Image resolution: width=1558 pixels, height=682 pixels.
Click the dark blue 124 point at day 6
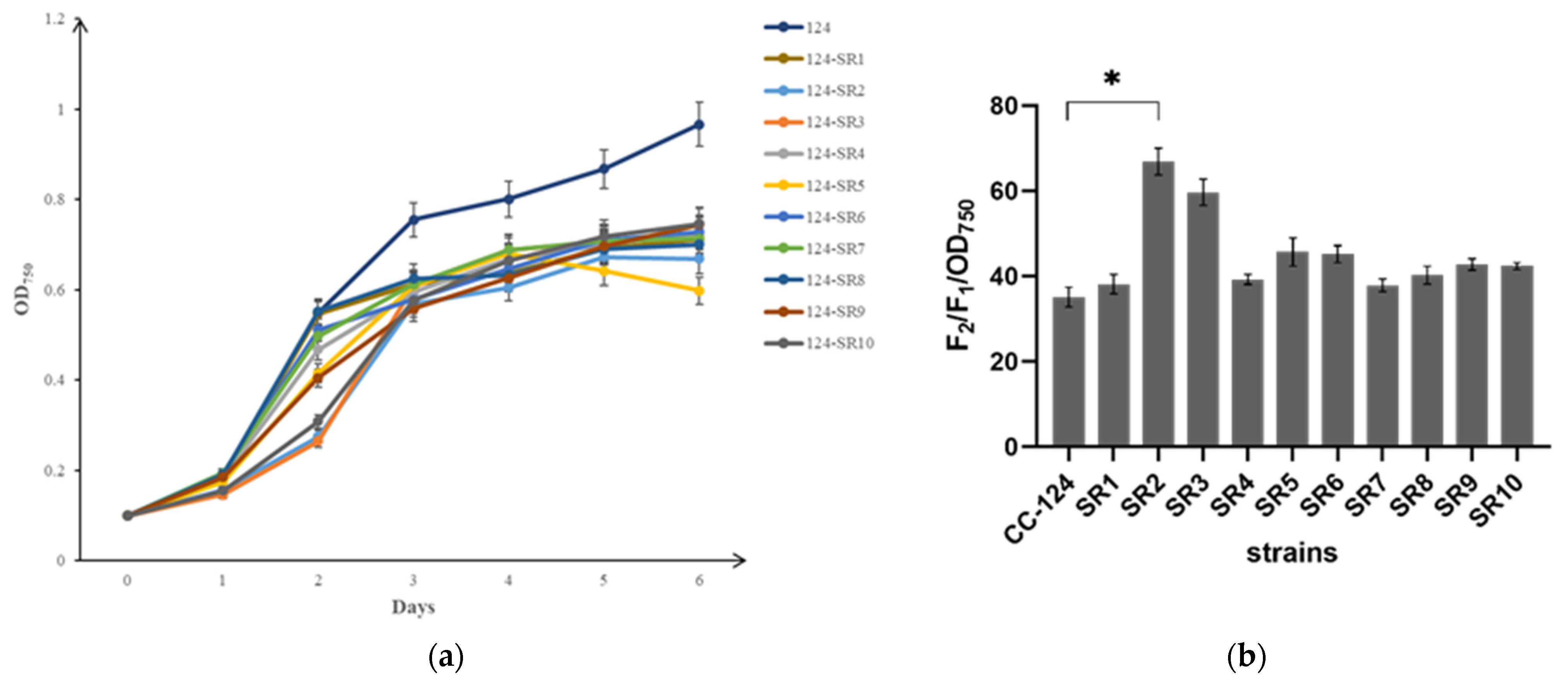699,125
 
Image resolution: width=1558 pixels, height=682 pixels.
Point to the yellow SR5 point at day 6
699,291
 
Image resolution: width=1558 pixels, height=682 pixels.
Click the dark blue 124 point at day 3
413,219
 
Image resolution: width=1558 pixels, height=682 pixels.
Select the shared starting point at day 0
127,516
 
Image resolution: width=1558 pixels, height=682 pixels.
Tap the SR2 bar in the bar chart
1158,303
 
